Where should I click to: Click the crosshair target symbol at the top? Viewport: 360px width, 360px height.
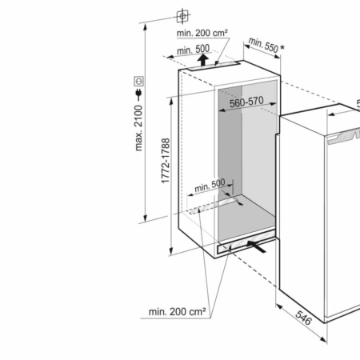182,16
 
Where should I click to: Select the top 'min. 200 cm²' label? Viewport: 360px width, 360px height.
202,33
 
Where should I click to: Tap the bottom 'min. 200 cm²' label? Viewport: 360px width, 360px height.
177,311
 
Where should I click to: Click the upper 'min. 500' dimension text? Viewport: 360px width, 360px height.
193,50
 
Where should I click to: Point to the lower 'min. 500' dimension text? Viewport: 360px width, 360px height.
210,186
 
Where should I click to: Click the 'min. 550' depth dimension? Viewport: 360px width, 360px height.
263,46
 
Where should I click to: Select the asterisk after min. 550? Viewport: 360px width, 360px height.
282,47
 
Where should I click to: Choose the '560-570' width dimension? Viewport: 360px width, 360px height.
246,102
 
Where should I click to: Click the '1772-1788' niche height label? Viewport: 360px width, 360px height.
166,161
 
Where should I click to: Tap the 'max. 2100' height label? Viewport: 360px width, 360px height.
138,128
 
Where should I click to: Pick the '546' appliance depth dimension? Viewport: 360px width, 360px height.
303,318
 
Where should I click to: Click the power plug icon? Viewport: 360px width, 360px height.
138,95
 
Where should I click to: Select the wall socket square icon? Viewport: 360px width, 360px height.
138,81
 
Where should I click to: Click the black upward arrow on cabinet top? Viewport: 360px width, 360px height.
203,60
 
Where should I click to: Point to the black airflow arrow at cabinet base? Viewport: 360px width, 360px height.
256,246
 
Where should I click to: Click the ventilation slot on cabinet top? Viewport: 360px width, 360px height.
214,66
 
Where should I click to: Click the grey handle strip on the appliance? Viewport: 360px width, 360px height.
344,137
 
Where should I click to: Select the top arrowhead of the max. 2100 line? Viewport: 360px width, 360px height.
145,26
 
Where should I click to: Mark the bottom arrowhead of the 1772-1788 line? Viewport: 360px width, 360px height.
171,251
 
